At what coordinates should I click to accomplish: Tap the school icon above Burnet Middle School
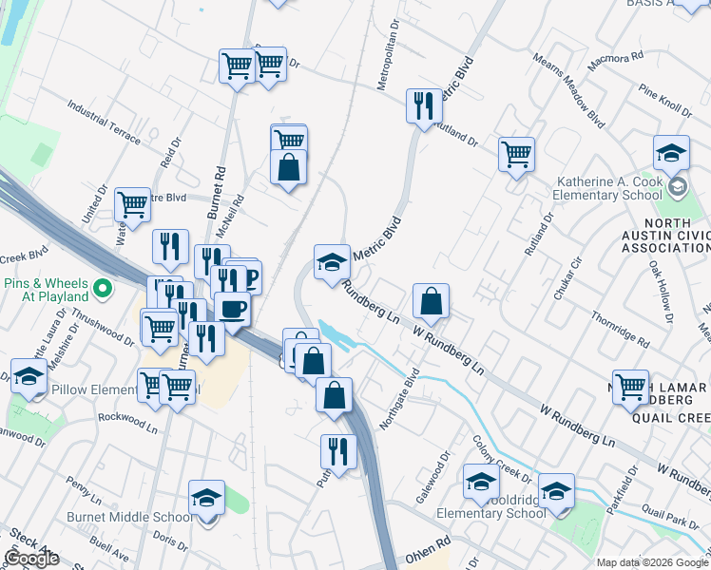pos(206,498)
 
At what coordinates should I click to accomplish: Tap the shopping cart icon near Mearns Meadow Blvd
pos(516,154)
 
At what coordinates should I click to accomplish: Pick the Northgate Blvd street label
pos(398,401)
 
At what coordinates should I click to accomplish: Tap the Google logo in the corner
pos(31,559)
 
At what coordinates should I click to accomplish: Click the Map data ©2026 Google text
pos(653,562)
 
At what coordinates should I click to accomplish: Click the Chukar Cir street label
pos(567,275)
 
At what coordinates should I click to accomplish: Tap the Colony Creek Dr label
pos(501,457)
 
